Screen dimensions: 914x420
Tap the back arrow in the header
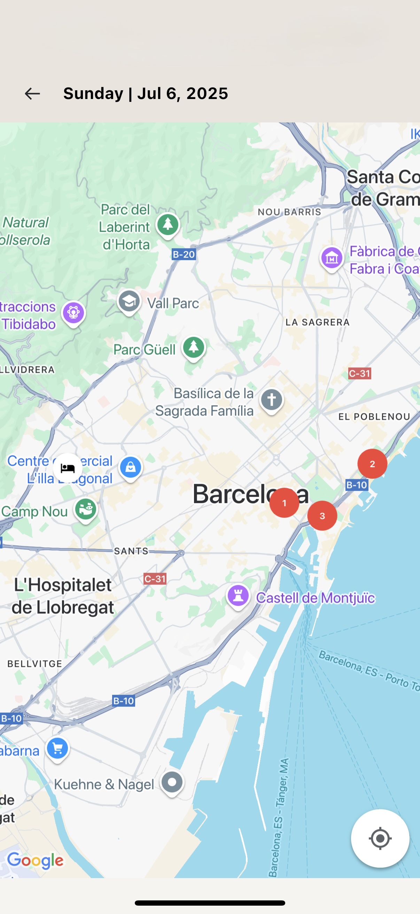coord(32,94)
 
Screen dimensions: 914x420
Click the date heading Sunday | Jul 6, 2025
coord(145,94)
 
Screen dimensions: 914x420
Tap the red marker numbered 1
coord(284,502)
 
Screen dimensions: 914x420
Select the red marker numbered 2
coord(372,464)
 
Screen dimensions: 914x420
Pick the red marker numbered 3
coord(322,516)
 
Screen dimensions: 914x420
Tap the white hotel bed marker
coord(68,469)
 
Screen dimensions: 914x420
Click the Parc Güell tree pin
coord(194,347)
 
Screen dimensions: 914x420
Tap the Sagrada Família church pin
coord(272,400)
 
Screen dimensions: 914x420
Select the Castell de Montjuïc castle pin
coord(238,595)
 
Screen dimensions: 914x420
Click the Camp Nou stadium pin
coord(85,509)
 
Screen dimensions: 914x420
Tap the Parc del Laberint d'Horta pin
coord(168,224)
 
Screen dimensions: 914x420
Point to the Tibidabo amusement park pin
coord(73,313)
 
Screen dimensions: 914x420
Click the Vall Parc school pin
coord(129,302)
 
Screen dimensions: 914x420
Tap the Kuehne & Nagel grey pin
coord(172,782)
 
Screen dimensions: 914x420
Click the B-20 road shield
coord(184,254)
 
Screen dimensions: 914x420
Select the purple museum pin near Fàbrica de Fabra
coord(332,259)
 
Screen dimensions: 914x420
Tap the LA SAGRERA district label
coord(318,322)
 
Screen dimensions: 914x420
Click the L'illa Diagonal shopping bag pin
coord(131,467)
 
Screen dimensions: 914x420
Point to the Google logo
coord(36,860)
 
